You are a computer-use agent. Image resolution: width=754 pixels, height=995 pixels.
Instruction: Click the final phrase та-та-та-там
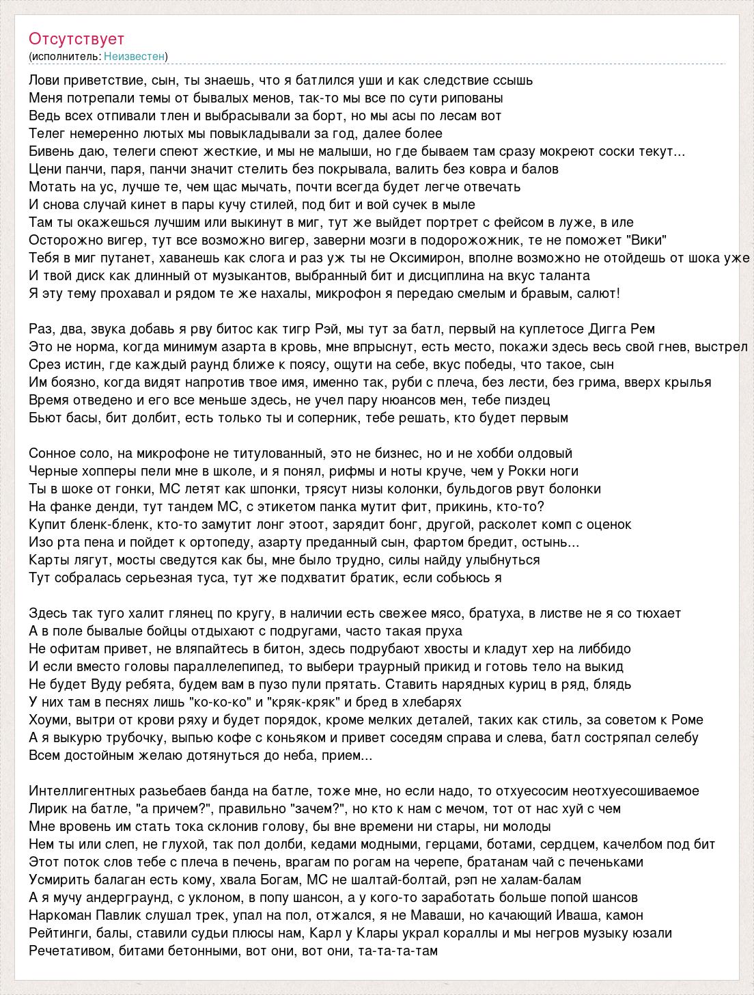(398, 951)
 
